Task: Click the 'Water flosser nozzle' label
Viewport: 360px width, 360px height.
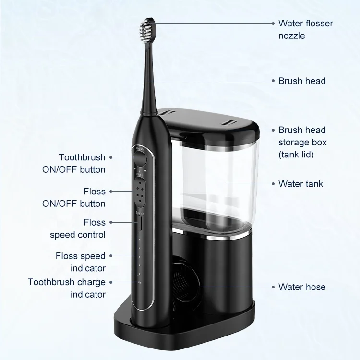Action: pyautogui.click(x=305, y=29)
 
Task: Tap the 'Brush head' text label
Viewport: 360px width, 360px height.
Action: pyautogui.click(x=302, y=81)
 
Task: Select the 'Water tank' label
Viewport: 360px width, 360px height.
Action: pyautogui.click(x=301, y=184)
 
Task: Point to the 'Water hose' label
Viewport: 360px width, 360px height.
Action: pyautogui.click(x=302, y=287)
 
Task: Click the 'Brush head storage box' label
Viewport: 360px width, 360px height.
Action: pyautogui.click(x=302, y=142)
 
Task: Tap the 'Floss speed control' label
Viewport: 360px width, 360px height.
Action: pyautogui.click(x=78, y=228)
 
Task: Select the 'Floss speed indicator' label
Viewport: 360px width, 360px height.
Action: pyautogui.click(x=80, y=262)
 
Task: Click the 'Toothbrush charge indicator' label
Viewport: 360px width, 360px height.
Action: pyautogui.click(x=67, y=288)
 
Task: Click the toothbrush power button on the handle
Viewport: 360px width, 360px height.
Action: pyautogui.click(x=139, y=155)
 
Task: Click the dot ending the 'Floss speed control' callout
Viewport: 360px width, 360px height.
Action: pyautogui.click(x=111, y=222)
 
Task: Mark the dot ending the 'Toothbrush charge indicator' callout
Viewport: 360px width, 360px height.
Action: pyautogui.click(x=111, y=282)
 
